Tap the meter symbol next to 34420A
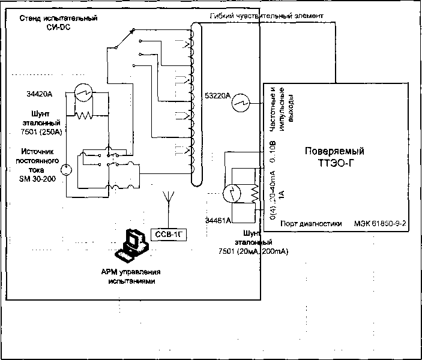click(83, 93)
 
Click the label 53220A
click(218, 95)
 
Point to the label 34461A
click(218, 220)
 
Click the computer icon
click(134, 245)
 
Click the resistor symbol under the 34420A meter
click(84, 113)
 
